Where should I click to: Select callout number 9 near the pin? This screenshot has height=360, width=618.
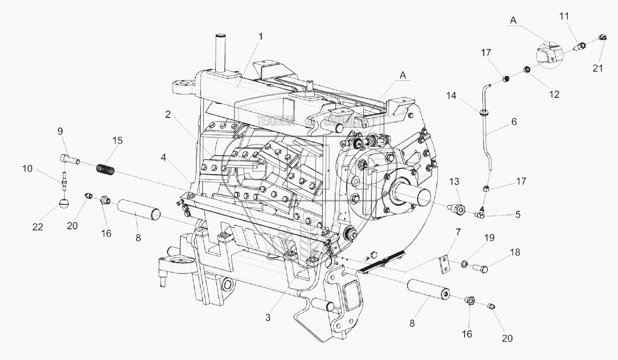point(60,132)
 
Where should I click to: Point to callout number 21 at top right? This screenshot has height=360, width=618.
point(598,68)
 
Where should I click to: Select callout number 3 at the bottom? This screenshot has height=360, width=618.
point(268,318)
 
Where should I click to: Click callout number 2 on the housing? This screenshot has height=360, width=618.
point(168,115)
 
